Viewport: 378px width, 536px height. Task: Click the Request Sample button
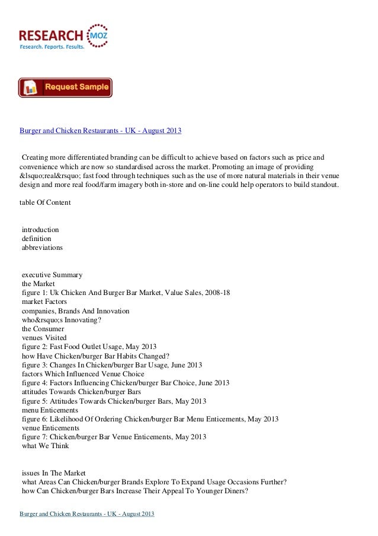click(x=65, y=87)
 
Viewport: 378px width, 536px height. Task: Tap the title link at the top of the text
click(x=101, y=130)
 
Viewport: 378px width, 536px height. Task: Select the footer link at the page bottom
click(x=87, y=513)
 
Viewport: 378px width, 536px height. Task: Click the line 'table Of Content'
click(x=45, y=202)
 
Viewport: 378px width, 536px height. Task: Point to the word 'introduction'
click(x=40, y=230)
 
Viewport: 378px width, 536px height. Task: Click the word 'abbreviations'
click(x=43, y=248)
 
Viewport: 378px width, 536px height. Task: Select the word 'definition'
click(x=37, y=239)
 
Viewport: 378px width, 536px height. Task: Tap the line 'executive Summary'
click(x=52, y=275)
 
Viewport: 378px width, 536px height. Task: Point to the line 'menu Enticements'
click(x=50, y=410)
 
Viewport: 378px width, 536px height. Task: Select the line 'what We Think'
click(x=45, y=445)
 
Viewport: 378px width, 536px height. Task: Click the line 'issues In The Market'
click(x=55, y=472)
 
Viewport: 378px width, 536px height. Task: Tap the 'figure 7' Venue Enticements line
click(x=114, y=437)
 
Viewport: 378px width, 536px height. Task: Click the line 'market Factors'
click(x=46, y=302)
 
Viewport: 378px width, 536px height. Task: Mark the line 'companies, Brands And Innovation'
click(x=76, y=311)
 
